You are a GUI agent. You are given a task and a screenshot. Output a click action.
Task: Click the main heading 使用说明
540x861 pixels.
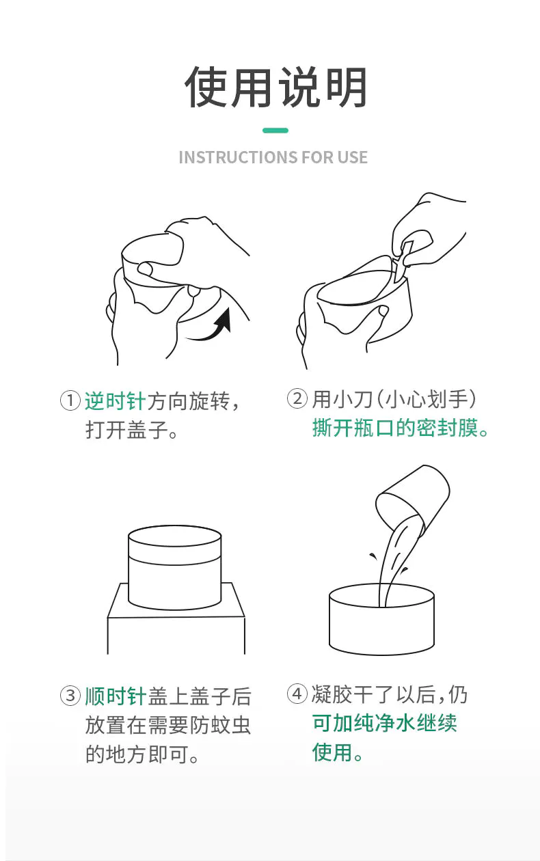coord(275,87)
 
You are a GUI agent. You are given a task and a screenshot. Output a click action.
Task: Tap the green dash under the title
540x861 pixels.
coord(275,131)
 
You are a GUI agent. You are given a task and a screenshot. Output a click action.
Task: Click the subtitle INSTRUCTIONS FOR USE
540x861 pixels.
coord(273,157)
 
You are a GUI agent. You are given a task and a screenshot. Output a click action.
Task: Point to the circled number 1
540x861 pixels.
coord(70,400)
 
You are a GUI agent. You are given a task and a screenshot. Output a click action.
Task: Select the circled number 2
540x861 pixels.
coord(297,398)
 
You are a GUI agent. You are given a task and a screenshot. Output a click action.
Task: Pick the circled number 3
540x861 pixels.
coord(70,696)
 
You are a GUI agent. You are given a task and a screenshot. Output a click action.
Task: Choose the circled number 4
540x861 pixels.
coord(297,694)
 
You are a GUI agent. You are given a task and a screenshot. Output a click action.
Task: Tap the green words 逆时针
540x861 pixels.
coord(115,401)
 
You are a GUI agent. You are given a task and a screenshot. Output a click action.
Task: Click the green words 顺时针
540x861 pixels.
coord(115,696)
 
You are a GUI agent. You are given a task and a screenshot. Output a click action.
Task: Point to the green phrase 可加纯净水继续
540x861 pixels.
coord(384,723)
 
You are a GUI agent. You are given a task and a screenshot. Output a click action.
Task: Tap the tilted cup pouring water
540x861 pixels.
coord(413,500)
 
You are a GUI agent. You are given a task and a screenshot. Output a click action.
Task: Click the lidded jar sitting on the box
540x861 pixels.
coord(174,567)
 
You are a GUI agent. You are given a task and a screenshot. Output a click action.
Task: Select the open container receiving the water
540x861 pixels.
coord(381,619)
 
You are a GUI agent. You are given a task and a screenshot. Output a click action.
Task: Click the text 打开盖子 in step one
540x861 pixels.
coord(126,430)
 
